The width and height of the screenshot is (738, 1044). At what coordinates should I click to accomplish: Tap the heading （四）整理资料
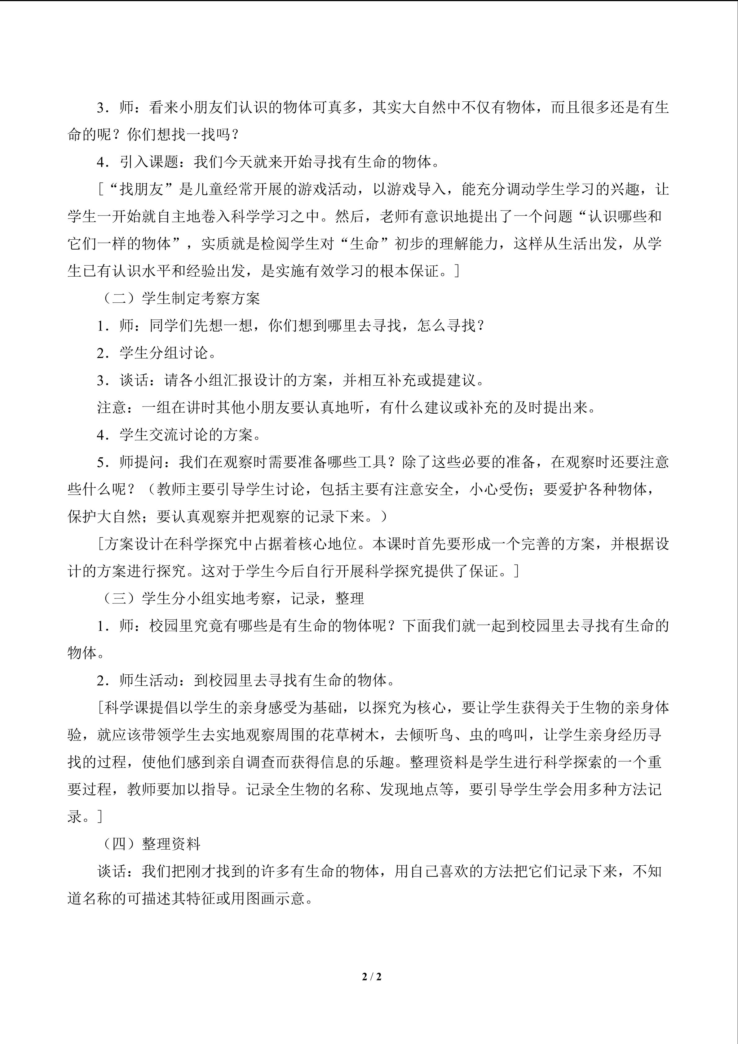[150, 844]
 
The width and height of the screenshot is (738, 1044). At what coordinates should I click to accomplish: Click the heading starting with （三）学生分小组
[232, 598]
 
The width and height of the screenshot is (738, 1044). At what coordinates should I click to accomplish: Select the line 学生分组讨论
[164, 353]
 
